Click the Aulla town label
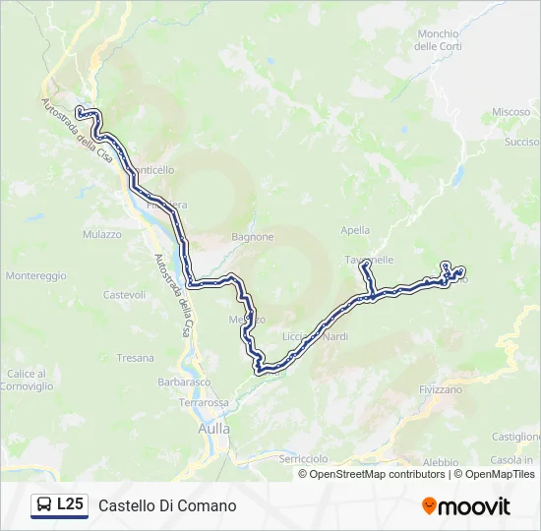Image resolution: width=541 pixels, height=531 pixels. [213, 429]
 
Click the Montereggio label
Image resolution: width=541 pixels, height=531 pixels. [35, 276]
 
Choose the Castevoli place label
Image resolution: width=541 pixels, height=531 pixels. [124, 294]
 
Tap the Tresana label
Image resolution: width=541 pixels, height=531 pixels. [135, 358]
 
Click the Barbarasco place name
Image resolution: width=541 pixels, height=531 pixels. [184, 383]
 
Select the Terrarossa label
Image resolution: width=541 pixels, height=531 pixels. [204, 403]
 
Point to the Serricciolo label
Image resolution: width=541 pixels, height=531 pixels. [303, 459]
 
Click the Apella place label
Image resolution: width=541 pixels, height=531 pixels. [355, 230]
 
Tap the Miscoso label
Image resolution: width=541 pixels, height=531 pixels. [511, 112]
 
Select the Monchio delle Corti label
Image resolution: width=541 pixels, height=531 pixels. [439, 40]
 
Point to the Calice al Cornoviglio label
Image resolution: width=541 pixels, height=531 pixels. [30, 380]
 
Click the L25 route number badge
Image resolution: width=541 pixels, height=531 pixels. [69, 504]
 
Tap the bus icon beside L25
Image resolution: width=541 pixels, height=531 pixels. [44, 505]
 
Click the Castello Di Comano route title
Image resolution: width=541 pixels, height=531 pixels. [167, 505]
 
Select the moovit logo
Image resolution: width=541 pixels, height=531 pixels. [466, 506]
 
